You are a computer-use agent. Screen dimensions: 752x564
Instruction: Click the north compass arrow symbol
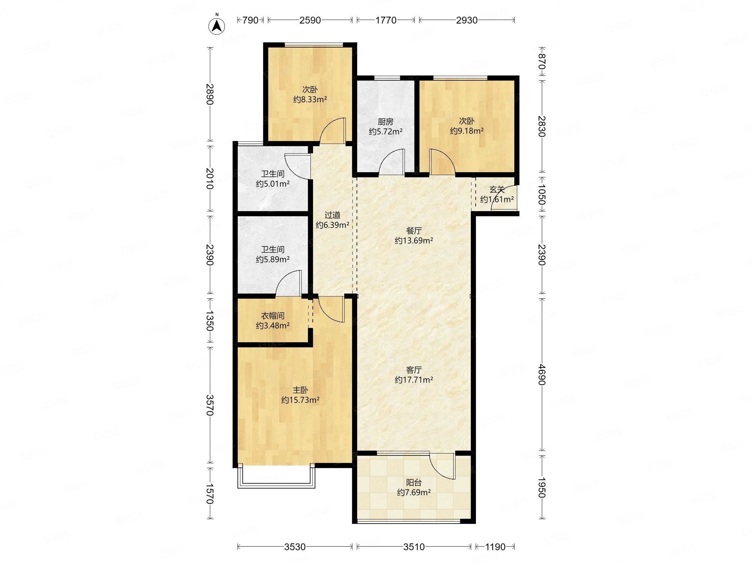[217, 26]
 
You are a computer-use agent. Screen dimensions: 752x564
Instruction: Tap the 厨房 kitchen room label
[385, 122]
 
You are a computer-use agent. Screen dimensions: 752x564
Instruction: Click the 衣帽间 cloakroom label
[273, 316]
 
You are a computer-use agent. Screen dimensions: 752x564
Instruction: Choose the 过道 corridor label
[332, 215]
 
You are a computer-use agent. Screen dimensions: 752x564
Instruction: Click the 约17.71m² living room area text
[414, 380]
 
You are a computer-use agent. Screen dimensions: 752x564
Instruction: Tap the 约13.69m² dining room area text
[414, 241]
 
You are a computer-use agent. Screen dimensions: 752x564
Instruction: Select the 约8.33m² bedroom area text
[310, 100]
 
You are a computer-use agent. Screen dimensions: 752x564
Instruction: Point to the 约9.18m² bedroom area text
[467, 131]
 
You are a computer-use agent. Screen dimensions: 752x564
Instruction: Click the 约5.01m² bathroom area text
[273, 184]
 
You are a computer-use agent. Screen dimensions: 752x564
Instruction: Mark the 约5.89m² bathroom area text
[273, 259]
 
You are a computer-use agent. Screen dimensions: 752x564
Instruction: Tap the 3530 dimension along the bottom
[295, 547]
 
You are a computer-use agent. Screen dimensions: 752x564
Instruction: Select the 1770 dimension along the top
[385, 20]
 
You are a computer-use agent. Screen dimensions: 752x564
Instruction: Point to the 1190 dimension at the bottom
[495, 547]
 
